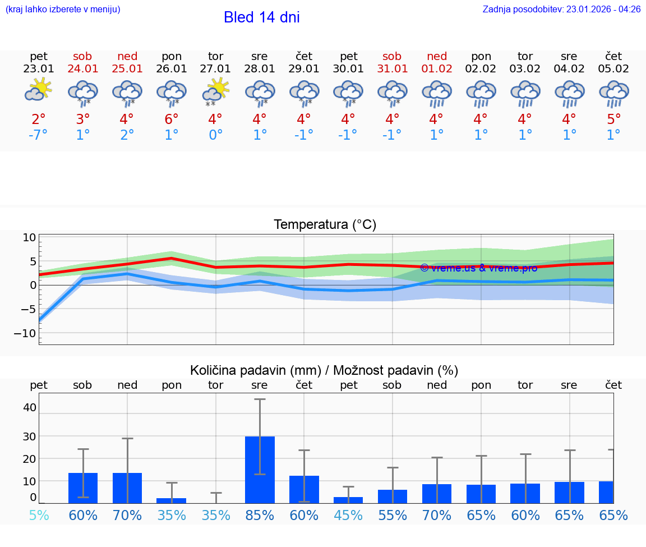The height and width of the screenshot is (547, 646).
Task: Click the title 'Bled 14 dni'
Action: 261,17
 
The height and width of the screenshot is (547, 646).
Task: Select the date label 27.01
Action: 215,69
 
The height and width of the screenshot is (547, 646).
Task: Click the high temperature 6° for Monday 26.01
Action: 171,119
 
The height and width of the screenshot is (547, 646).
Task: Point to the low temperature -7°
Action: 38,135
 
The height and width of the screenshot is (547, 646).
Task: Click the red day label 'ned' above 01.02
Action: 437,56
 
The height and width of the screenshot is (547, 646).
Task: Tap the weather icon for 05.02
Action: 613,93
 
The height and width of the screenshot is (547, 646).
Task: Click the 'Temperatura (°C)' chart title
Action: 325,225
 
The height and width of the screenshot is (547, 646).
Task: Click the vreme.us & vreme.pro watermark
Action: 478,268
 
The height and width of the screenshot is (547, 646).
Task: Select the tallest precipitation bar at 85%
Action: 260,470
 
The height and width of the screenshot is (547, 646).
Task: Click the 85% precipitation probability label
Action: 260,515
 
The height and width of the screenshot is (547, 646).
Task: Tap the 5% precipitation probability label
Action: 39,515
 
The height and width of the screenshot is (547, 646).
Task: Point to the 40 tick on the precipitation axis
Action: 30,407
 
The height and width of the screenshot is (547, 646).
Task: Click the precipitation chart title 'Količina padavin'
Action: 324,370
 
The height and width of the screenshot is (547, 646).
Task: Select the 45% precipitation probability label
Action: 348,515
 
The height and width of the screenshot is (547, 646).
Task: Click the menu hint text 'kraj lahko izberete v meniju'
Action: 63,10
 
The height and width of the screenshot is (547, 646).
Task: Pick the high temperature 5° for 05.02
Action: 613,119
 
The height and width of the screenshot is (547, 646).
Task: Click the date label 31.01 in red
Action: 392,69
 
